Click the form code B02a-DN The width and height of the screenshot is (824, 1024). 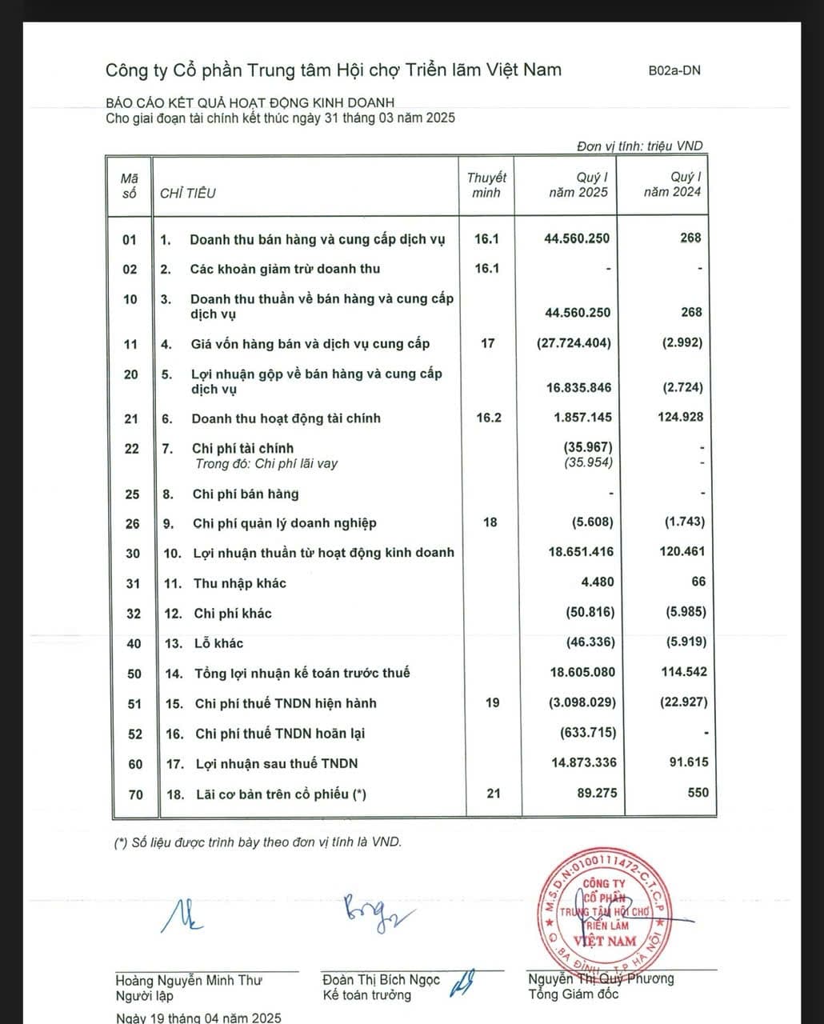tap(674, 70)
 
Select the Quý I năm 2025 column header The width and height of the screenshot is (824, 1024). tap(578, 185)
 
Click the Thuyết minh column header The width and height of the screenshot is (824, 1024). tap(486, 185)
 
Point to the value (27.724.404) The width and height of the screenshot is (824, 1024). tap(574, 343)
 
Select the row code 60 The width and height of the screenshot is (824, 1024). tap(135, 764)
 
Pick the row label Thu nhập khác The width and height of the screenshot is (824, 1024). tap(239, 583)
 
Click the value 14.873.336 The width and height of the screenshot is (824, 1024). tap(583, 762)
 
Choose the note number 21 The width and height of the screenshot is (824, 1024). tap(493, 793)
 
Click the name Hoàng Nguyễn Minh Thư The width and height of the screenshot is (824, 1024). tap(189, 980)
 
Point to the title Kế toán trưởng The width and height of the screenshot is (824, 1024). tap(366, 995)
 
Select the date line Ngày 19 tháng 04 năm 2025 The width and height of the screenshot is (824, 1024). tap(198, 1018)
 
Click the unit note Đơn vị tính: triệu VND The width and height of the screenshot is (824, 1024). tap(639, 146)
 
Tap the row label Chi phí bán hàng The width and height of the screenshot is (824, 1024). tap(245, 494)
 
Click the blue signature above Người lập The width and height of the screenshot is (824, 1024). tap(182, 915)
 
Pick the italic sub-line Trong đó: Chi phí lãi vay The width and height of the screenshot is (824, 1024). tap(266, 463)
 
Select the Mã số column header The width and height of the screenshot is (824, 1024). tap(129, 185)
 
